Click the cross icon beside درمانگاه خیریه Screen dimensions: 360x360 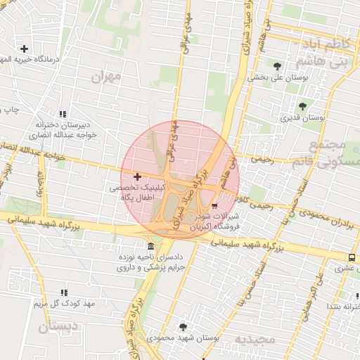(x=25, y=49)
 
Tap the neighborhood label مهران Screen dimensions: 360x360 (x=106, y=77)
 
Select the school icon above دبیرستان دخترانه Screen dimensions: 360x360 (x=63, y=113)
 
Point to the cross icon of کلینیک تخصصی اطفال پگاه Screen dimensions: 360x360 (x=136, y=176)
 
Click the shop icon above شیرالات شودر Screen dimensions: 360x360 (x=214, y=206)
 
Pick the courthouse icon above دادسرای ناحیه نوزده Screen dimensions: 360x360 (x=151, y=246)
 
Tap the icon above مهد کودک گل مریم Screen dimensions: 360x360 (x=64, y=292)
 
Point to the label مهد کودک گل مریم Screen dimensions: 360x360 (x=64, y=304)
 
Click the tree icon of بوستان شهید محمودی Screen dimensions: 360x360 (x=184, y=327)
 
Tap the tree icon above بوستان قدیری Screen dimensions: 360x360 (x=302, y=106)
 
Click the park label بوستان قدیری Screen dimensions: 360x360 (x=302, y=118)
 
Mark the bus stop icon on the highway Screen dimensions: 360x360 (x=351, y=257)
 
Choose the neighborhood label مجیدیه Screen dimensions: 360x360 (x=252, y=340)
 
